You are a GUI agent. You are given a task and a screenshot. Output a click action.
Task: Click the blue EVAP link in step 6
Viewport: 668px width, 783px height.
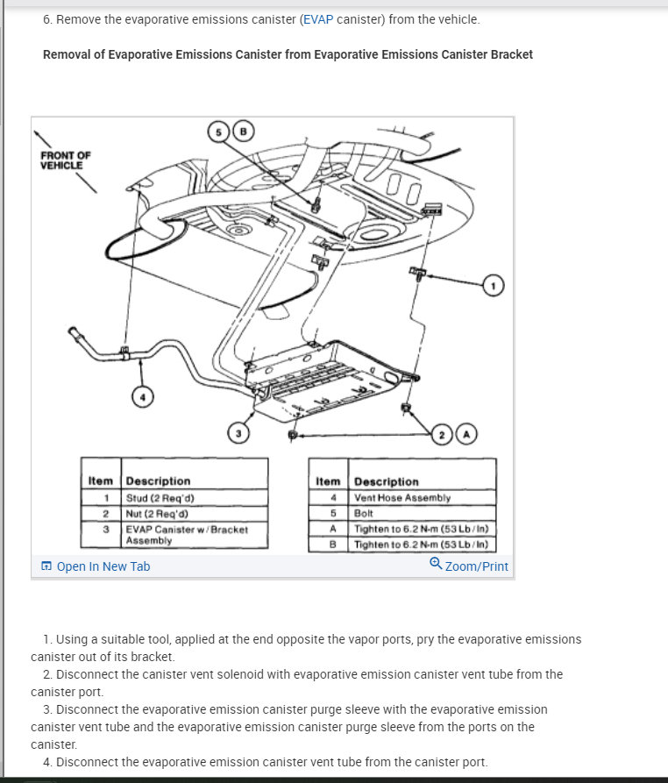click(318, 19)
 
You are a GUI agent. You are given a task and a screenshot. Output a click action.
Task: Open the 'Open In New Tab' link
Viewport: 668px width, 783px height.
click(103, 566)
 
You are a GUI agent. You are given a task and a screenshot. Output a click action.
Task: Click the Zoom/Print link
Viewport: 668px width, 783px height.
click(476, 566)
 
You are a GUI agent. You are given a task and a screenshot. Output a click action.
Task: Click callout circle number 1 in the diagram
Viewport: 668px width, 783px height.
click(494, 285)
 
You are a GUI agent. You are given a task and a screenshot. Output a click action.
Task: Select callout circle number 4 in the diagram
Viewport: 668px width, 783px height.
click(142, 397)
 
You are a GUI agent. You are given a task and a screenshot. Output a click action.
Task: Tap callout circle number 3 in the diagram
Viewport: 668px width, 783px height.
click(238, 432)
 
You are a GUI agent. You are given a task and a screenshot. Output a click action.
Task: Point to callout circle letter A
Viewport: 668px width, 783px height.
click(466, 434)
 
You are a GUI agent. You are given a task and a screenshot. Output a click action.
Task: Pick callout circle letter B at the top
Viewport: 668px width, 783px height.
click(245, 132)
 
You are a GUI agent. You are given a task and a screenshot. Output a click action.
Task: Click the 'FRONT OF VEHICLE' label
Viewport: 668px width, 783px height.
click(66, 160)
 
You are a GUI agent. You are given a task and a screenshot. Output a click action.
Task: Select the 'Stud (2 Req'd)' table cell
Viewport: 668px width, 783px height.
click(160, 499)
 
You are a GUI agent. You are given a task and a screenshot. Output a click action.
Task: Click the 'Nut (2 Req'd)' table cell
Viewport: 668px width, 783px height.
click(159, 513)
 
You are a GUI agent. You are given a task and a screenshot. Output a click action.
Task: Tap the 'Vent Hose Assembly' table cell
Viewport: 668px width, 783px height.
click(402, 498)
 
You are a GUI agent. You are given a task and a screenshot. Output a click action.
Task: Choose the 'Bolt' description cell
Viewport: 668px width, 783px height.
click(364, 513)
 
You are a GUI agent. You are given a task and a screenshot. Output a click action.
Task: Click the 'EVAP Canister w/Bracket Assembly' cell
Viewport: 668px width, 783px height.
click(187, 535)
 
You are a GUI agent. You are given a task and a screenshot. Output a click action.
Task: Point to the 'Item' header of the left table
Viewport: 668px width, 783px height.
click(101, 481)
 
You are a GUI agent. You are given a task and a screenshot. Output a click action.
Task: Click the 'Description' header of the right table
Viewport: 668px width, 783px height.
click(387, 482)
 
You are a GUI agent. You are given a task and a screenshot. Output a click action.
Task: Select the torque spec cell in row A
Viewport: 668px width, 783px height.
click(421, 529)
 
